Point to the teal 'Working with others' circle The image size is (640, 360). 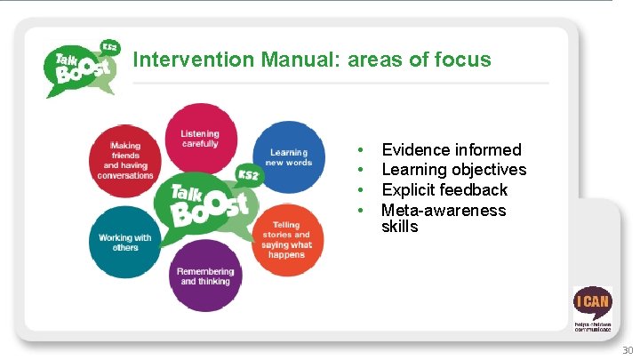click(x=124, y=242)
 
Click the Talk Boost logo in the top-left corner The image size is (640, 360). click(x=82, y=67)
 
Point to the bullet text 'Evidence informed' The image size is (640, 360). click(x=451, y=150)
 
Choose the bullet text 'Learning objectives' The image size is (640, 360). click(x=453, y=170)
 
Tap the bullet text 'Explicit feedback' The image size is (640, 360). click(x=444, y=190)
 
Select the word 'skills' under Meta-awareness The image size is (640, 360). click(x=400, y=227)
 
